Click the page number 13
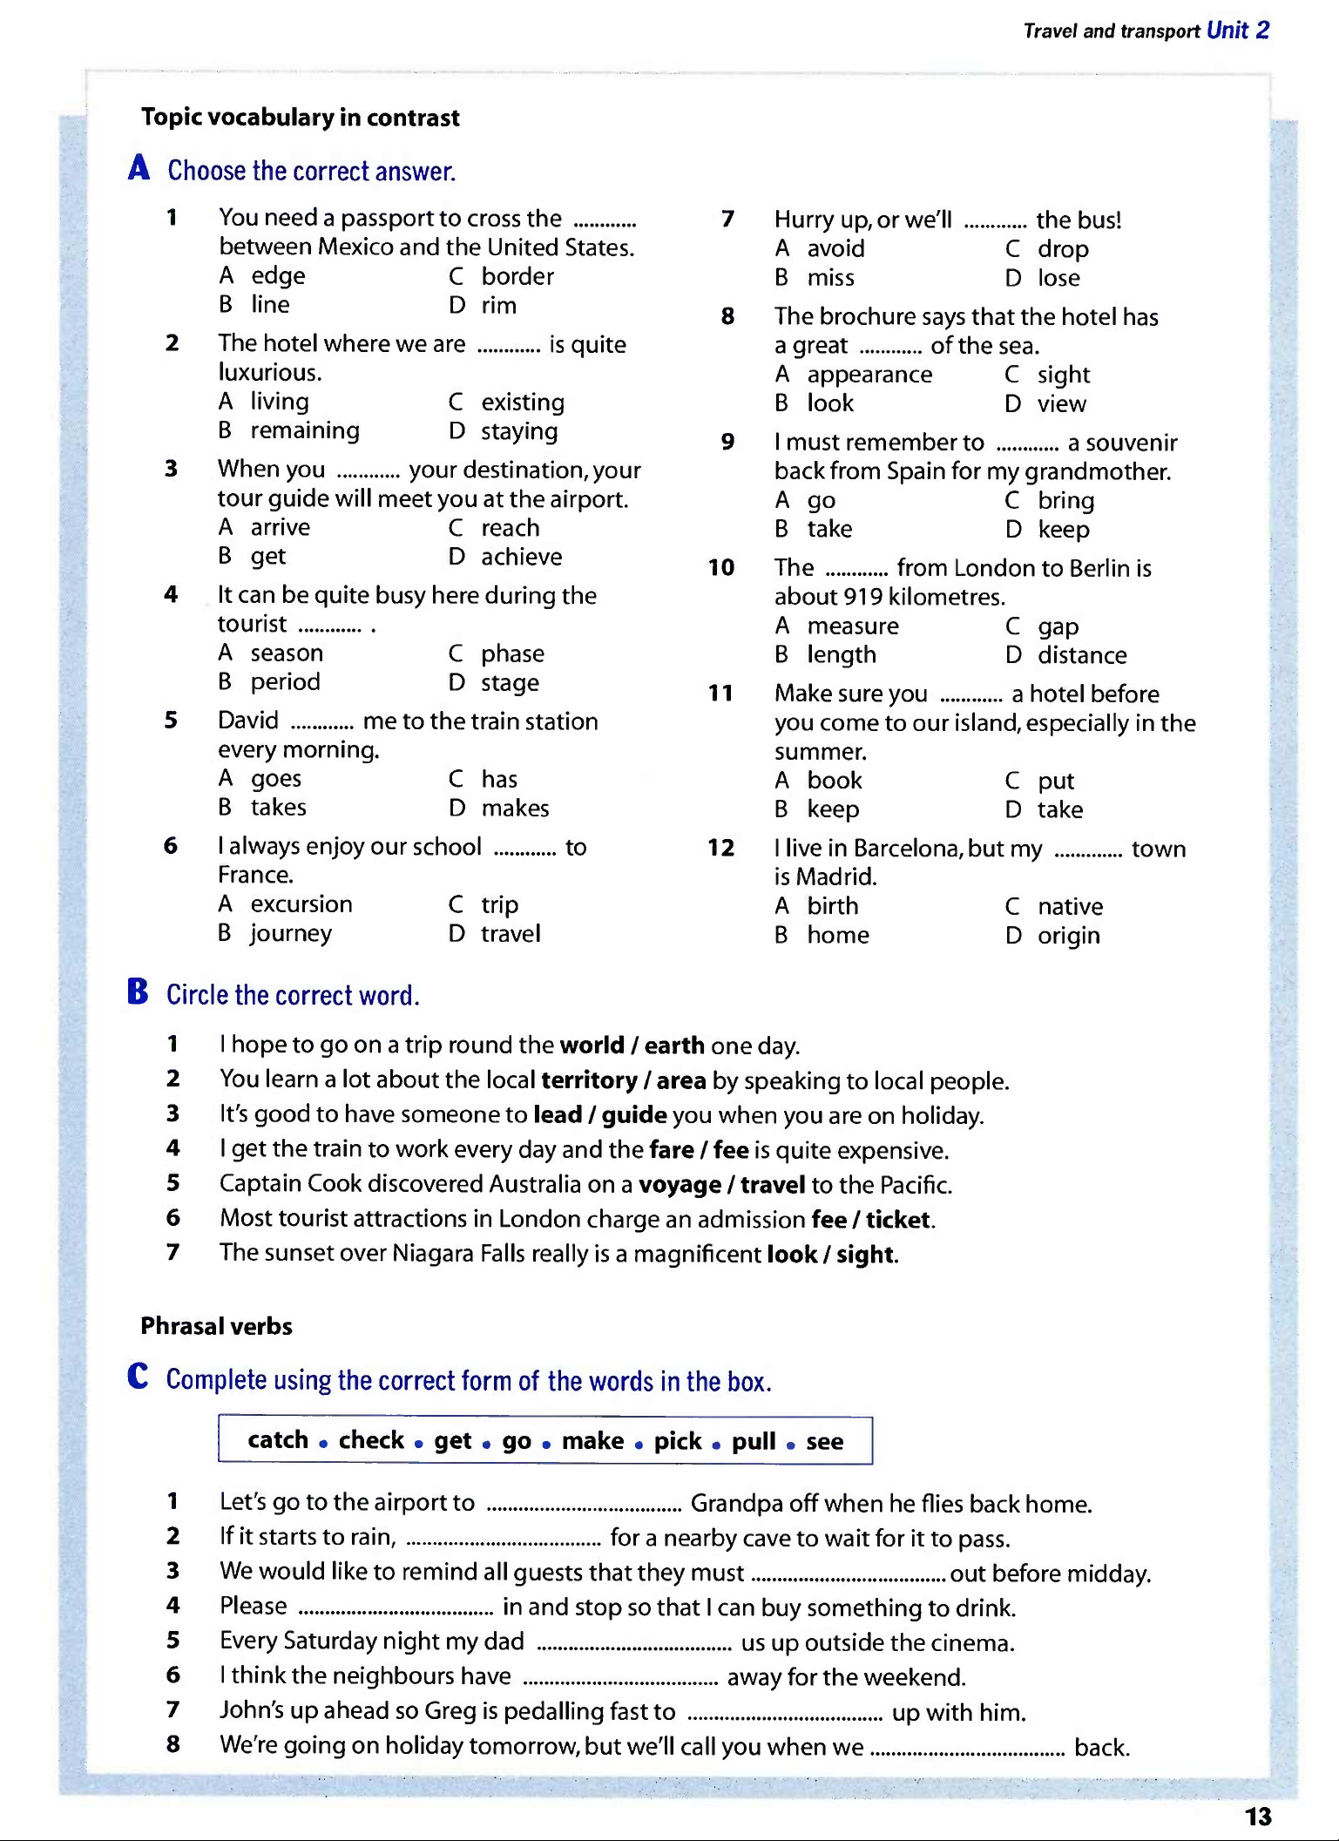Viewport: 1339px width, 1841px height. tap(1257, 1817)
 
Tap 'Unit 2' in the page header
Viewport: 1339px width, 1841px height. tap(1237, 30)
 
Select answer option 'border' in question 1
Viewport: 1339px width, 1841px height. tap(517, 276)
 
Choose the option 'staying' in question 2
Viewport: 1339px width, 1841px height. tap(519, 431)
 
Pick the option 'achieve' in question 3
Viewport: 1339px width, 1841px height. tap(521, 557)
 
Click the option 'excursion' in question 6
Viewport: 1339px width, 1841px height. tap(301, 904)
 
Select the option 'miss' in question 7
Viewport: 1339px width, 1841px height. tap(830, 278)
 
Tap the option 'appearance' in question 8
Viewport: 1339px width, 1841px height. tap(869, 375)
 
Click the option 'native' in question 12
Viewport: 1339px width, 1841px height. tap(1070, 907)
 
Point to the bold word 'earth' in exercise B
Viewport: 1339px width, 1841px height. tap(674, 1046)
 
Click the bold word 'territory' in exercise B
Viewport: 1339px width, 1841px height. tap(589, 1080)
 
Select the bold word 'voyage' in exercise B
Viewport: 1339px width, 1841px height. tap(680, 1185)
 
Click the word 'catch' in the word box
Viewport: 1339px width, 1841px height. tap(278, 1440)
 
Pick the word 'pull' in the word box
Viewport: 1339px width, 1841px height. tap(753, 1441)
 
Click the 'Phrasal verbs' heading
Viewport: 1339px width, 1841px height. tap(216, 1326)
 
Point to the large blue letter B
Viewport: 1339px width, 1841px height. tap(138, 992)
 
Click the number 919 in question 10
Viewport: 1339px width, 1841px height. tap(861, 597)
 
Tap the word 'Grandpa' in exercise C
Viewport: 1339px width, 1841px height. tap(735, 1504)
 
